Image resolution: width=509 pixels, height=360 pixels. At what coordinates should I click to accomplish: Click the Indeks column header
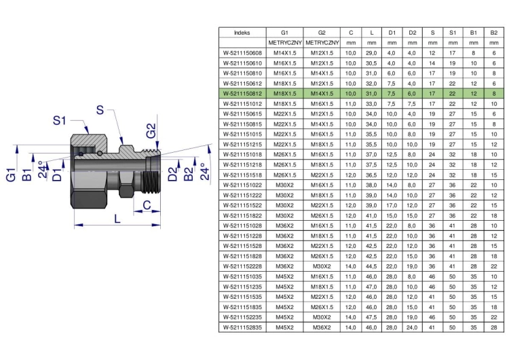242,33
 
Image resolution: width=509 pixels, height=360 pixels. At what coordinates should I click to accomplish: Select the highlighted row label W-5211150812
242,94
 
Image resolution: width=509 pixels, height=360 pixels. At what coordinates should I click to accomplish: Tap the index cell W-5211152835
242,327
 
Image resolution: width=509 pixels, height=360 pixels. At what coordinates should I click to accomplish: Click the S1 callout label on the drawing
60,120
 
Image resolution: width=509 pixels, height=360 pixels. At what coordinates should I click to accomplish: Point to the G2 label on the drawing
151,130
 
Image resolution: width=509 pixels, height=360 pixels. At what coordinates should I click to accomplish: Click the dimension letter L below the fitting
117,218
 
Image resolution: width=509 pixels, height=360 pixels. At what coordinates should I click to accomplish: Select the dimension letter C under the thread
147,205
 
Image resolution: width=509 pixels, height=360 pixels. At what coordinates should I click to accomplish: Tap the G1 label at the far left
11,175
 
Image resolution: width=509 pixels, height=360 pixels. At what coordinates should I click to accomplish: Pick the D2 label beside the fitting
173,173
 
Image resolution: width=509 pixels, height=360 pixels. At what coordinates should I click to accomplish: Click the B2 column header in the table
494,33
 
